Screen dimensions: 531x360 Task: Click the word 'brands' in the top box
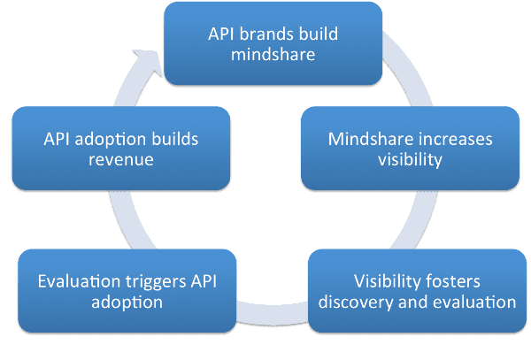pos(262,34)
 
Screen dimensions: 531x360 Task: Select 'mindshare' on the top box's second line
pos(273,55)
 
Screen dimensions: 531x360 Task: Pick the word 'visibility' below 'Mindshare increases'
pos(410,160)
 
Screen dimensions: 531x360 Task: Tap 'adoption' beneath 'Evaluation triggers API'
pos(127,303)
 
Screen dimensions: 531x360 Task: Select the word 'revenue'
pos(121,160)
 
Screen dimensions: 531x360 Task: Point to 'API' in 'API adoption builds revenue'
pos(57,139)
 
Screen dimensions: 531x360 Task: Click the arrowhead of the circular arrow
pos(149,62)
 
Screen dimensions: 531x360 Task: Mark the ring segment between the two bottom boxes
pos(273,313)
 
